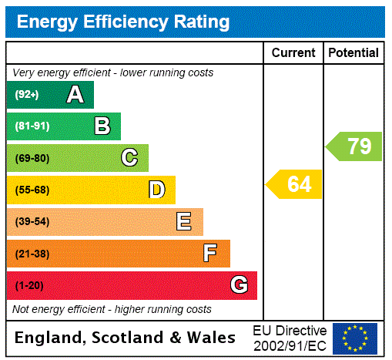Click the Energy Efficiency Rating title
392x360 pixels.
pyautogui.click(x=123, y=22)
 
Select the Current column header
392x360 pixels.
pyautogui.click(x=293, y=53)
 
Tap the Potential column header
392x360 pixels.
pyautogui.click(x=353, y=53)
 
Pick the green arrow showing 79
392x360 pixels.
pyautogui.click(x=354, y=146)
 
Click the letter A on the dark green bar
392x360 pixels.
pyautogui.click(x=75, y=95)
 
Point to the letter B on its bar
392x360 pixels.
pyautogui.click(x=102, y=126)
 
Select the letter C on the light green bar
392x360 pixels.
pyautogui.click(x=129, y=158)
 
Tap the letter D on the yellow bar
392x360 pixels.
pyautogui.click(x=156, y=190)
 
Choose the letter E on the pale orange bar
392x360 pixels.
pyautogui.click(x=184, y=222)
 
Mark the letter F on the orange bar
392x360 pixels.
pyautogui.click(x=210, y=254)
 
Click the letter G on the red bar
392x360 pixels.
pyautogui.click(x=239, y=286)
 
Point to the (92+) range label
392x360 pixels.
pyautogui.click(x=27, y=95)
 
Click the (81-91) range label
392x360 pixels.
pyautogui.click(x=32, y=126)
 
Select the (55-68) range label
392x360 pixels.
pyautogui.click(x=32, y=190)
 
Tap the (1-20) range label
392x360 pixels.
pyautogui.click(x=29, y=286)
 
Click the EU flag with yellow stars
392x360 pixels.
pyautogui.click(x=355, y=338)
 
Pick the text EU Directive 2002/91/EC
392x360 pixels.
pyautogui.click(x=290, y=338)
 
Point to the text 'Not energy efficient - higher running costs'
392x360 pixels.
pyautogui.click(x=112, y=309)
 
